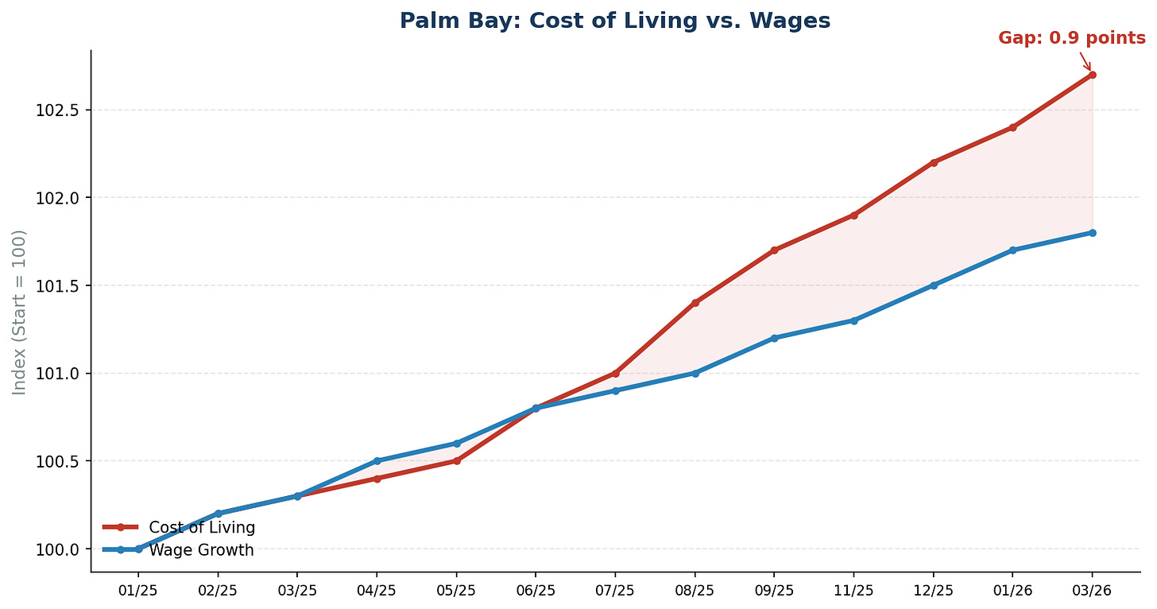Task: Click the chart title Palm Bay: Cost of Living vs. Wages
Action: [615, 21]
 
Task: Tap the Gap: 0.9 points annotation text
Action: [1071, 38]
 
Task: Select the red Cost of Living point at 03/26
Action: [1092, 75]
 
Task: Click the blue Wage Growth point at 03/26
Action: [1092, 233]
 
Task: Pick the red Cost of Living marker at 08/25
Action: [695, 303]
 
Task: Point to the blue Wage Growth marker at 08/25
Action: [695, 373]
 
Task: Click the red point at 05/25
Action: [456, 461]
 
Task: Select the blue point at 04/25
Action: [377, 461]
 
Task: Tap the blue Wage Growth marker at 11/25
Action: [853, 320]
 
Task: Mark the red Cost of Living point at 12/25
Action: [933, 162]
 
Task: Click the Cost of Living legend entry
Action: [202, 527]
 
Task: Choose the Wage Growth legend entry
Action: [201, 550]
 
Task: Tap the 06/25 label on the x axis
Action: [536, 592]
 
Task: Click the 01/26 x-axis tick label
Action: [1012, 592]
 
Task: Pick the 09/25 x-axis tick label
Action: [774, 592]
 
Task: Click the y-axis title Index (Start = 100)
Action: [20, 312]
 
